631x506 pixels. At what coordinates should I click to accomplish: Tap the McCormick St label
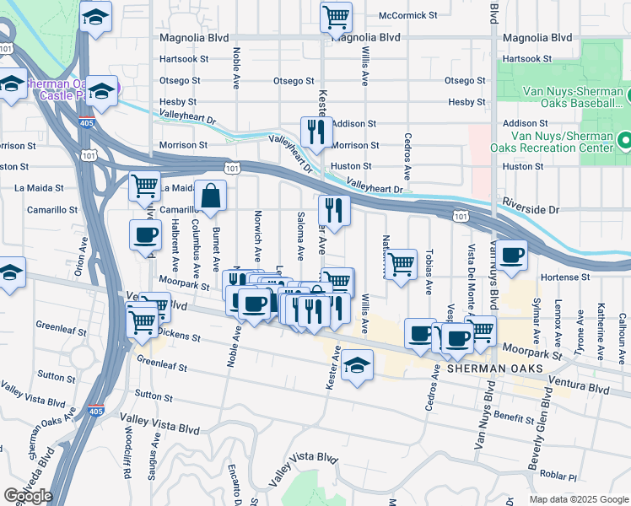[x=408, y=15]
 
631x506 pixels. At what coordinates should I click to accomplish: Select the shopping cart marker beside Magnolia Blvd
[x=337, y=16]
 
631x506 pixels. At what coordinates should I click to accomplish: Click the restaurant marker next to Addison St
[x=316, y=132]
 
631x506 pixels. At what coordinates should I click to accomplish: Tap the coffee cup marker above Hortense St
[x=511, y=255]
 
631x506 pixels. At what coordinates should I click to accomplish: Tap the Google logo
[x=28, y=495]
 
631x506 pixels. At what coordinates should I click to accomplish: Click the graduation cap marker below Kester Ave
[x=357, y=365]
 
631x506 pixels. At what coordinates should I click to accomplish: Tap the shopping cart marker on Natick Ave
[x=402, y=264]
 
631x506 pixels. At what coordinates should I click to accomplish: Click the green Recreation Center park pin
[x=623, y=141]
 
